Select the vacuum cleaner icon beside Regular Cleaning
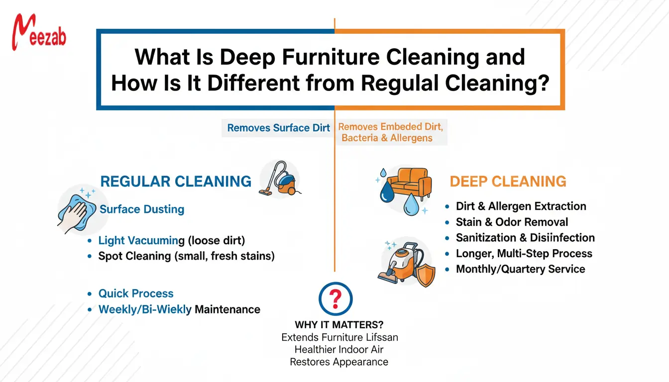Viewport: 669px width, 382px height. click(x=280, y=178)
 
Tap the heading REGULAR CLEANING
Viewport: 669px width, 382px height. click(x=176, y=181)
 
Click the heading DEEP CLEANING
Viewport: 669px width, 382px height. click(x=508, y=181)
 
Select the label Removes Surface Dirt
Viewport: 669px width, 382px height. click(x=278, y=128)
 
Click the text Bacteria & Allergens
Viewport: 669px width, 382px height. click(x=387, y=138)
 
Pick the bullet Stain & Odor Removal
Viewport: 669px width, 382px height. click(x=512, y=222)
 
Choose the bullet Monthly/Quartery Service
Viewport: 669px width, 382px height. click(x=520, y=269)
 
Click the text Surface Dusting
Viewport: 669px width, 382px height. click(x=142, y=209)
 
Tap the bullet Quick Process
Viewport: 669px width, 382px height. click(x=136, y=293)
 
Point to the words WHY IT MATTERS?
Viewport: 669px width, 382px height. click(x=338, y=325)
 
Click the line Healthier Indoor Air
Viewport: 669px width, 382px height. click(x=338, y=350)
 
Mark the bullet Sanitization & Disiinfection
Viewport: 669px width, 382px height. click(x=525, y=238)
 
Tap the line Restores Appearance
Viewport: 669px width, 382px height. click(x=338, y=362)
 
